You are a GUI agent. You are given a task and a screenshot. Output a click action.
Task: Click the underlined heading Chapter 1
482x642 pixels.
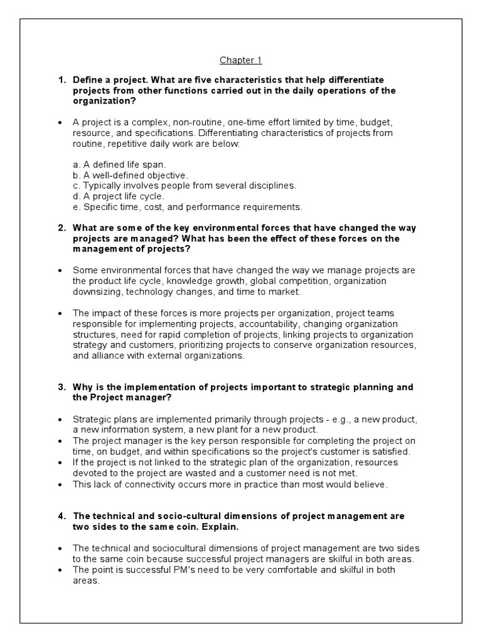click(x=240, y=60)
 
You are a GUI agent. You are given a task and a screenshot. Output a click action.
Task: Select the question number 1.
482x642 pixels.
click(x=61, y=80)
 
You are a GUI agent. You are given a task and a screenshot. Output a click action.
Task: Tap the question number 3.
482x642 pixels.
click(x=61, y=387)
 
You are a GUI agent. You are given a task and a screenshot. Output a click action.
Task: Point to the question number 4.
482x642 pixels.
click(x=61, y=515)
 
